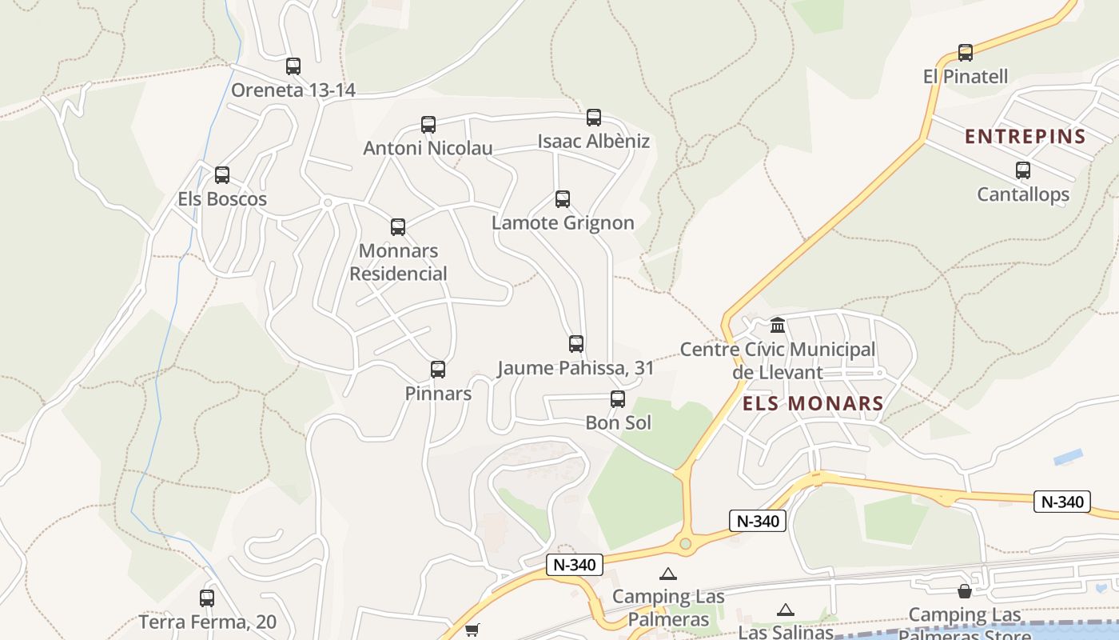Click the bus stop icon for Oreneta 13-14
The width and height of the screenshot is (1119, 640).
tap(293, 66)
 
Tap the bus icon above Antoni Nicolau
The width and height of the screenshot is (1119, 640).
tap(428, 125)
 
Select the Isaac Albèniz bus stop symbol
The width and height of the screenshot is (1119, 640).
tap(594, 118)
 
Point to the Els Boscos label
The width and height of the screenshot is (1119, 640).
tap(222, 199)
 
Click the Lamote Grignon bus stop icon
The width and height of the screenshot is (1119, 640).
tap(563, 199)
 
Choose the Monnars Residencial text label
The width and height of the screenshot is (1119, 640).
tap(398, 262)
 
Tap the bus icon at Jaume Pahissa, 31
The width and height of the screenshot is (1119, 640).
tap(576, 344)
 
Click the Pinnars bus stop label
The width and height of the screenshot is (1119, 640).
tap(438, 394)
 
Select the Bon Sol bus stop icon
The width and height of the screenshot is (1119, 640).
tap(618, 399)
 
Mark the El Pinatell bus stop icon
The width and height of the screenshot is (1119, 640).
tap(966, 53)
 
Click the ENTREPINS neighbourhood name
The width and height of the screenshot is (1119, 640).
tap(1025, 137)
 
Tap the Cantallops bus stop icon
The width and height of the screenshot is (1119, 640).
tap(1023, 170)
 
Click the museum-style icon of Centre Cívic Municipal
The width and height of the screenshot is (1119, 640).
tap(778, 326)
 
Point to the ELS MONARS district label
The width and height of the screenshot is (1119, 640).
tap(813, 404)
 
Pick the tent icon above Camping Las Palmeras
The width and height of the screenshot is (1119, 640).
tap(668, 574)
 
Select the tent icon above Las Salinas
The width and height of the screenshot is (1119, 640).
tap(786, 610)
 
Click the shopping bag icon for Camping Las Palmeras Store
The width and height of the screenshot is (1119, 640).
tap(965, 591)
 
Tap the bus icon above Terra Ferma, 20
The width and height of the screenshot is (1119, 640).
tap(207, 598)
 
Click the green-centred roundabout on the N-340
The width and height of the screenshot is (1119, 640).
tap(685, 544)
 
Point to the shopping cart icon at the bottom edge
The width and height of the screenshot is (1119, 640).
tap(472, 630)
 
